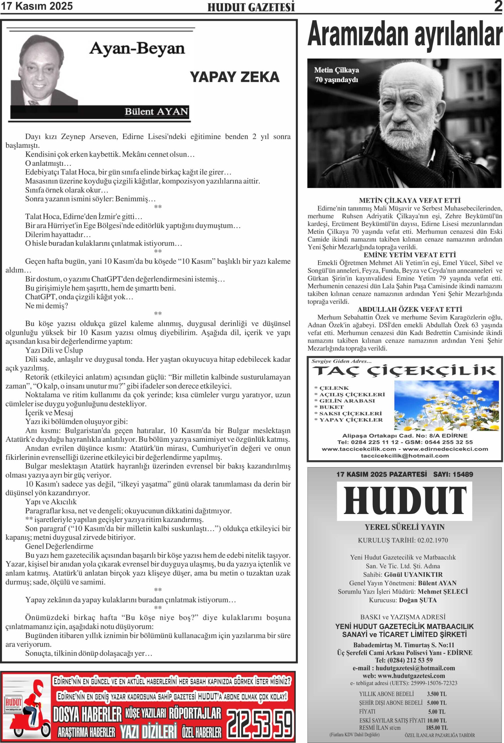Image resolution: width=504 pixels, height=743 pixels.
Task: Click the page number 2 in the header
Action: (498, 6)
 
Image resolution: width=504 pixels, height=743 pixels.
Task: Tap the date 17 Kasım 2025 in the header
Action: (37, 6)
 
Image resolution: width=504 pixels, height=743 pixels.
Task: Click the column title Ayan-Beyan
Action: (137, 48)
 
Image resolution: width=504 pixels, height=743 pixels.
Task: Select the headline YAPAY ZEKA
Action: (234, 77)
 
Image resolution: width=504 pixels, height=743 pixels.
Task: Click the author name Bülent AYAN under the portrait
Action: (156, 111)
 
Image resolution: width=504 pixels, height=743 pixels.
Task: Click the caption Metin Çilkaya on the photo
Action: (336, 70)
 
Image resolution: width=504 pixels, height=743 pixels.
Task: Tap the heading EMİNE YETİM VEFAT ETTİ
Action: (409, 255)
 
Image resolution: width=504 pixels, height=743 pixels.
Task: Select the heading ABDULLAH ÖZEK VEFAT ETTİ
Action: (409, 309)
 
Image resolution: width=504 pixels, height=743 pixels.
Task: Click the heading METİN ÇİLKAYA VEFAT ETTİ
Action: (409, 201)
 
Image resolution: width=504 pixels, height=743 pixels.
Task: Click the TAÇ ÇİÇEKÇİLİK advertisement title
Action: (404, 371)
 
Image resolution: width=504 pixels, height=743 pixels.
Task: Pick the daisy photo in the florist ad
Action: (447, 405)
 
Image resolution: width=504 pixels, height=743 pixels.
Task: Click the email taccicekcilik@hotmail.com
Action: (404, 456)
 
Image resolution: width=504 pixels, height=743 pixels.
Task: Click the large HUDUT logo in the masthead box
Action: (404, 500)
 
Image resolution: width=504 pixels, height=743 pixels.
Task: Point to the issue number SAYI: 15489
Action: (453, 475)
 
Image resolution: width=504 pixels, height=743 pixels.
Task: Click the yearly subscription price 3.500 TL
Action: (437, 694)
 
